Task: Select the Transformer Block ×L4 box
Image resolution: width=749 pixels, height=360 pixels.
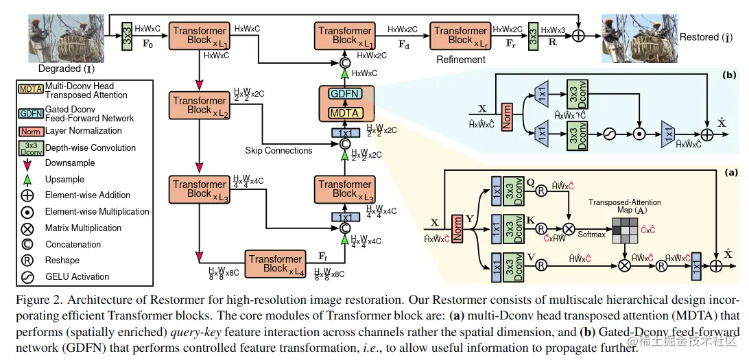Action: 275,264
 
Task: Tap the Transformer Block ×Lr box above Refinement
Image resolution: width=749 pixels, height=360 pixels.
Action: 460,36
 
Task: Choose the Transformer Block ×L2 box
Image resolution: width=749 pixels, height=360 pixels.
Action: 199,106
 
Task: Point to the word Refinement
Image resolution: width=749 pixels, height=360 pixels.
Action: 461,60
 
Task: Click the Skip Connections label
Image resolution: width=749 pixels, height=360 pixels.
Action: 278,150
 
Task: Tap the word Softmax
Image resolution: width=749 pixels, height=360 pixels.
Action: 591,233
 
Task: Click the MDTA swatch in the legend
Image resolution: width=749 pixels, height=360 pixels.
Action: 30,90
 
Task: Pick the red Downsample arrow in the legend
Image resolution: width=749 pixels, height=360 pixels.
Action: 29,164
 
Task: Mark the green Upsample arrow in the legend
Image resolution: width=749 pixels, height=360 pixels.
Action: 29,180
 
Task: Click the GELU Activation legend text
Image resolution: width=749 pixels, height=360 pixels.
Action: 77,277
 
